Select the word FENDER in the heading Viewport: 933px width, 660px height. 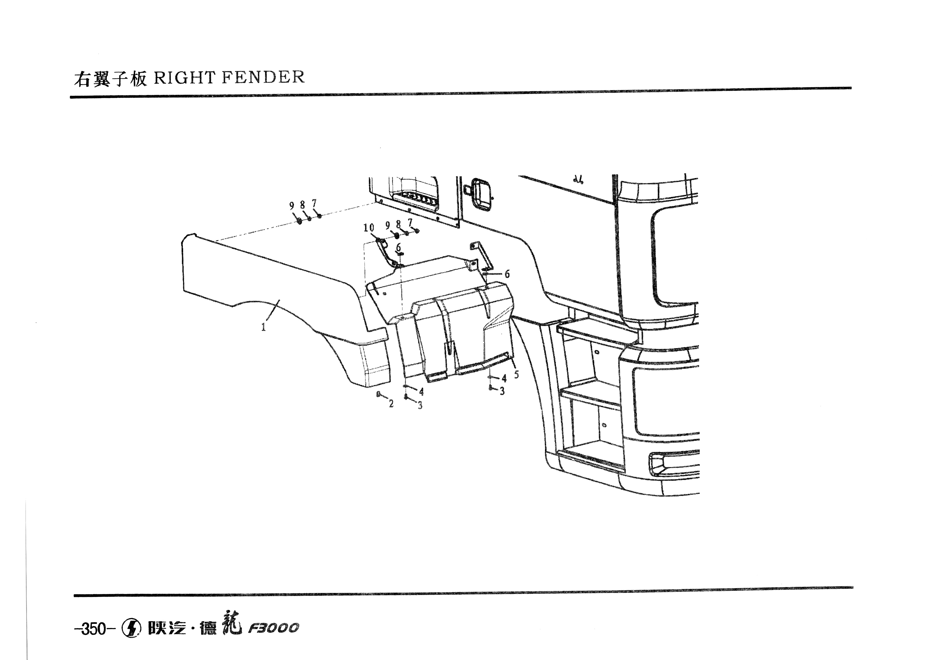coord(263,77)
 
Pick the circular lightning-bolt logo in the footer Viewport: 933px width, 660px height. coord(131,628)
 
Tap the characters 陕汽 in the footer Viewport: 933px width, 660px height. coord(167,628)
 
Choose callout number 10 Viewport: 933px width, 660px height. coord(368,228)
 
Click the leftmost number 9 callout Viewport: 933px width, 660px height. coord(291,206)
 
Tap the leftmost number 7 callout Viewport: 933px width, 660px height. coord(314,203)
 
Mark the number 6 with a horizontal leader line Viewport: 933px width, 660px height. coord(507,274)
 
